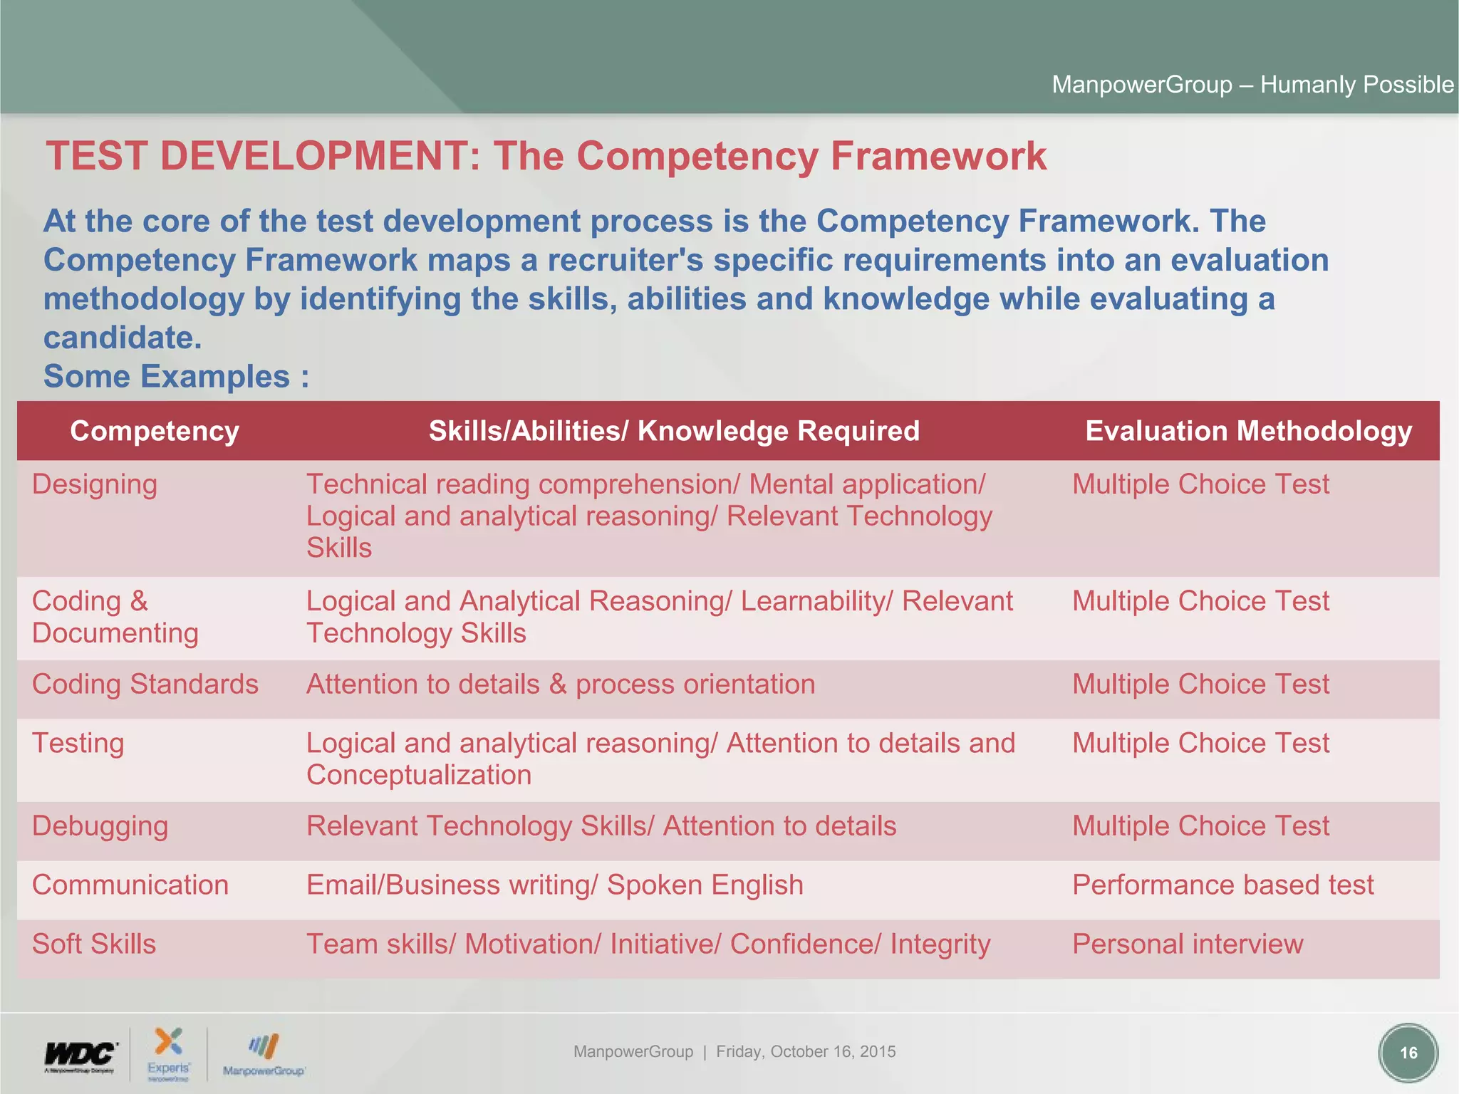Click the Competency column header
pyautogui.click(x=155, y=431)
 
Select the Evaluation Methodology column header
pyautogui.click(x=1248, y=431)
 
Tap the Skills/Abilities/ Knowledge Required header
pyautogui.click(x=674, y=431)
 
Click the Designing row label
pyautogui.click(x=95, y=484)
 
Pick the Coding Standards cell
pyautogui.click(x=145, y=684)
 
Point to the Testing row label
pyautogui.click(x=78, y=744)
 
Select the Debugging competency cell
pyautogui.click(x=100, y=826)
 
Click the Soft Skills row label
pyautogui.click(x=94, y=944)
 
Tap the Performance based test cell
pyautogui.click(x=1222, y=885)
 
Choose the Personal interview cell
pyautogui.click(x=1188, y=944)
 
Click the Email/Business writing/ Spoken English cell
pyautogui.click(x=554, y=885)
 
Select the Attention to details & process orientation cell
pyautogui.click(x=561, y=684)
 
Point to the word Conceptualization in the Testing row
pyautogui.click(x=419, y=776)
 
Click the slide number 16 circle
pyautogui.click(x=1408, y=1053)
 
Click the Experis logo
pyautogui.click(x=169, y=1053)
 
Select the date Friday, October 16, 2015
pyautogui.click(x=806, y=1052)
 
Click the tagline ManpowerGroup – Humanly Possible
pyautogui.click(x=1252, y=85)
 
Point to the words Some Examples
pyautogui.click(x=167, y=377)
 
